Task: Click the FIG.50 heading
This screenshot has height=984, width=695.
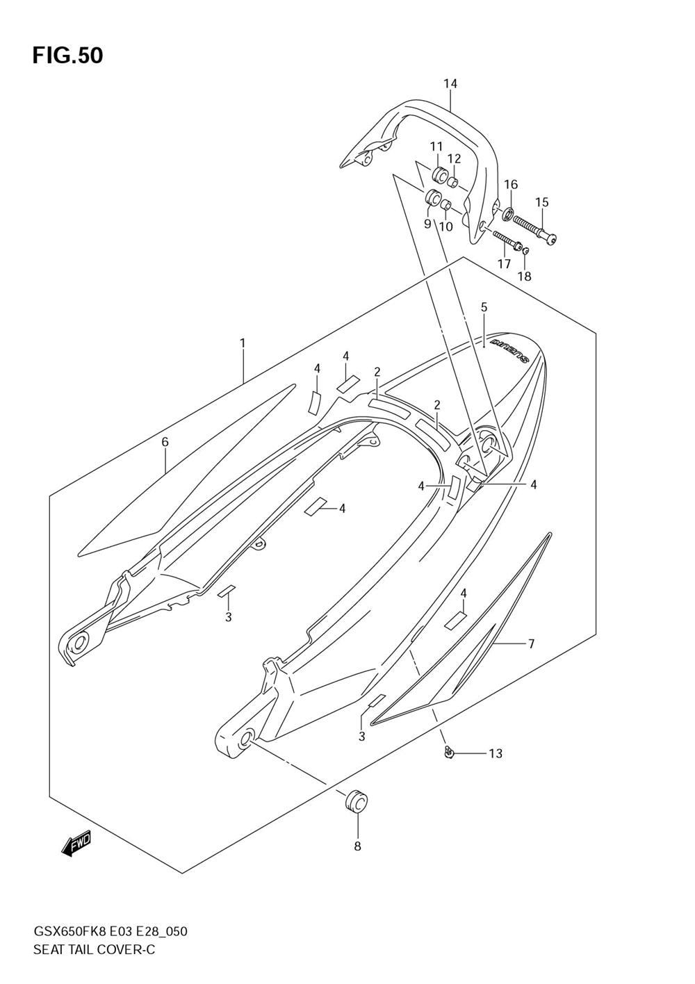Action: (x=67, y=56)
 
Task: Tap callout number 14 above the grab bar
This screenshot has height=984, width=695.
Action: (x=450, y=84)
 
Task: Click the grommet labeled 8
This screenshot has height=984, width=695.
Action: (x=357, y=801)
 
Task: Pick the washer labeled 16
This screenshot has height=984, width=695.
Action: (x=508, y=213)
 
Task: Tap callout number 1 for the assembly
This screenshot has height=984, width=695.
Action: (x=243, y=343)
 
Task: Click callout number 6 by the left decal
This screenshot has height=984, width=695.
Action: (x=165, y=442)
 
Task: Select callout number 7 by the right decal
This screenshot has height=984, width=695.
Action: (x=531, y=644)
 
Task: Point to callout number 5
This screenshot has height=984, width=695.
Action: (x=484, y=307)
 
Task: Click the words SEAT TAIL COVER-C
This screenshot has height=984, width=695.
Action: (x=94, y=949)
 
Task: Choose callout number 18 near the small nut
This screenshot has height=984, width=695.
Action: (x=524, y=276)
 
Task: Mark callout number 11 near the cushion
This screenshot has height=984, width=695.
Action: (x=436, y=147)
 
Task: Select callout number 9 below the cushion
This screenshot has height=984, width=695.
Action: (x=427, y=224)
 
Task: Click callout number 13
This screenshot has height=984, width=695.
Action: (x=495, y=753)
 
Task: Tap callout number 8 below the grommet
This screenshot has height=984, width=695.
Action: (x=357, y=846)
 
